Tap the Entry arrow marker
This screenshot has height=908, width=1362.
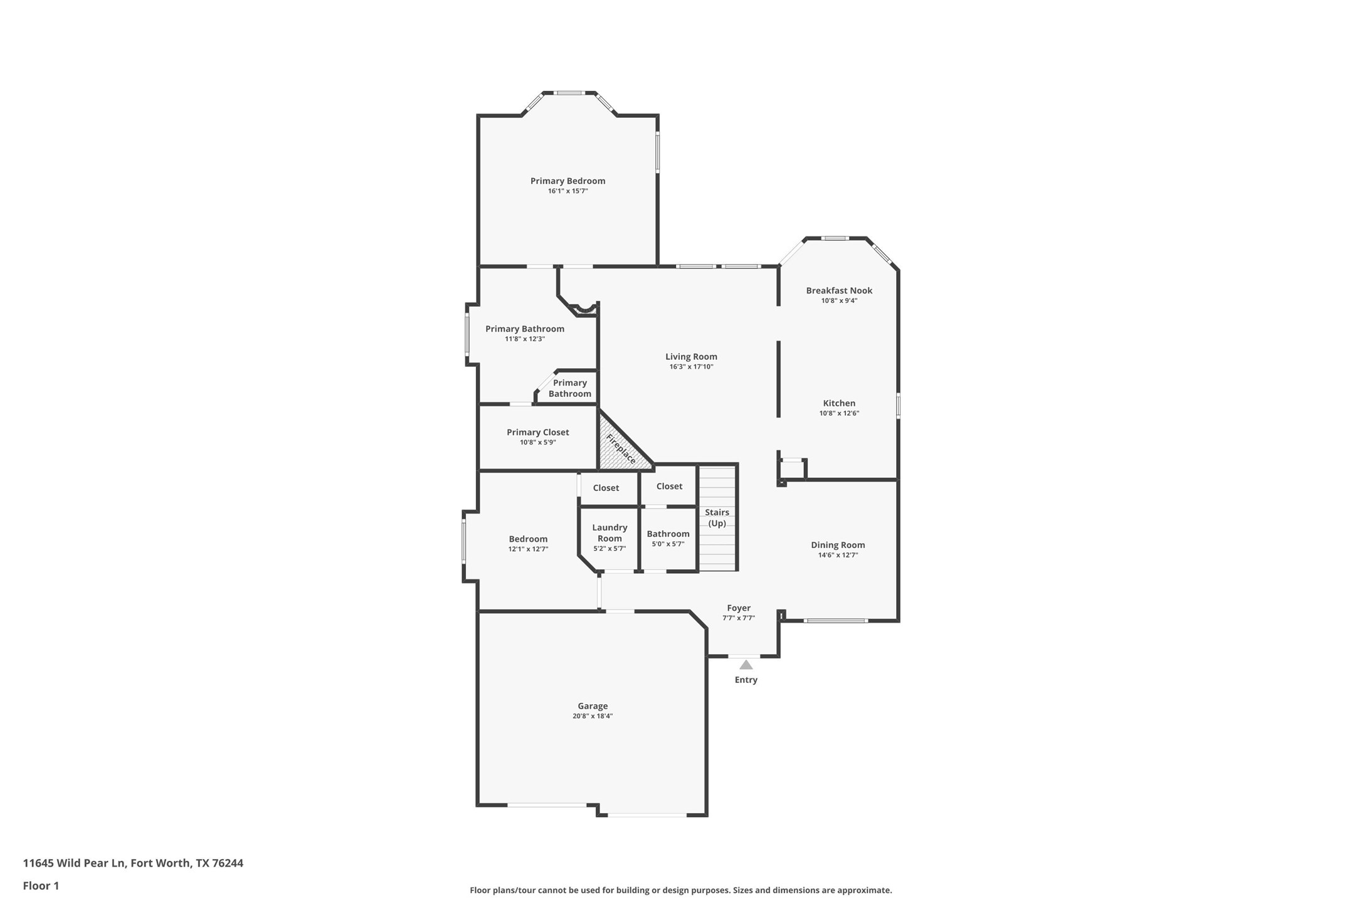pyautogui.click(x=746, y=665)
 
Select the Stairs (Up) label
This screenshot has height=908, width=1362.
pyautogui.click(x=717, y=518)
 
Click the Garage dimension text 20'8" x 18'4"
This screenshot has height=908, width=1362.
pyautogui.click(x=592, y=716)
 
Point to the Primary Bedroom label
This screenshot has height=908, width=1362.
pyautogui.click(x=567, y=181)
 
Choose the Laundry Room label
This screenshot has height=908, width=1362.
pyautogui.click(x=609, y=533)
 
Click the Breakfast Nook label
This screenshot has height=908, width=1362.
pyautogui.click(x=839, y=291)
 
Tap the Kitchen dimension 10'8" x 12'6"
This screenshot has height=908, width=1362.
pyautogui.click(x=839, y=413)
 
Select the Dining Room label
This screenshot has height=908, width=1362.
pyautogui.click(x=838, y=546)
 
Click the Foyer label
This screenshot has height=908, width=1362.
pyautogui.click(x=739, y=608)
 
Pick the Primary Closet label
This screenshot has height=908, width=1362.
pyautogui.click(x=537, y=433)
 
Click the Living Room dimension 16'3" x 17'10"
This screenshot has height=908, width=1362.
pyautogui.click(x=691, y=367)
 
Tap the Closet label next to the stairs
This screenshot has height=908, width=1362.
pyautogui.click(x=669, y=487)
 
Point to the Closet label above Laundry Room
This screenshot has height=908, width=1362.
pyautogui.click(x=606, y=488)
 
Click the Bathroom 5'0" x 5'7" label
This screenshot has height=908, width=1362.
pyautogui.click(x=668, y=534)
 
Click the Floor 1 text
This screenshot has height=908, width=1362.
pyautogui.click(x=41, y=886)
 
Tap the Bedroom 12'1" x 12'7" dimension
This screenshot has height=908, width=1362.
pyautogui.click(x=528, y=549)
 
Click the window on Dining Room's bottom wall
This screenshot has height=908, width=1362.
pyautogui.click(x=836, y=621)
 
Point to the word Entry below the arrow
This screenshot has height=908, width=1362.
pyautogui.click(x=746, y=680)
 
